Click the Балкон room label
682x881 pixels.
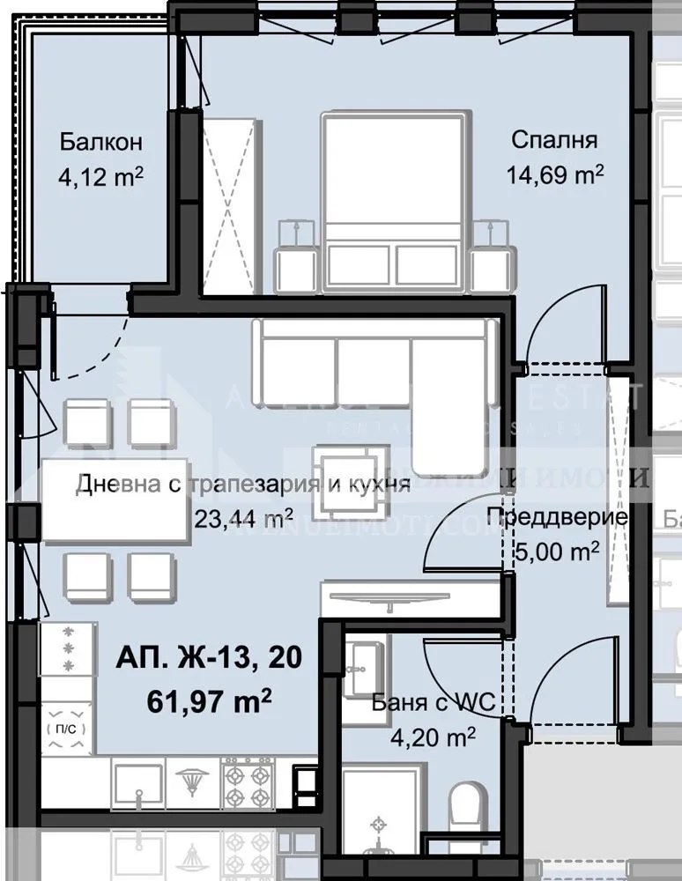(101, 142)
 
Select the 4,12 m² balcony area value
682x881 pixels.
(101, 177)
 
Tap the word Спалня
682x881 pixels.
(554, 139)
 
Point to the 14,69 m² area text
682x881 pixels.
(554, 174)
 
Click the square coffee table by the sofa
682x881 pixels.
(351, 480)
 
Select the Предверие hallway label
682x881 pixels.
(557, 516)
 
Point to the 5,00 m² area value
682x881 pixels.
(556, 552)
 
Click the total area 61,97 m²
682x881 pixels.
(208, 702)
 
